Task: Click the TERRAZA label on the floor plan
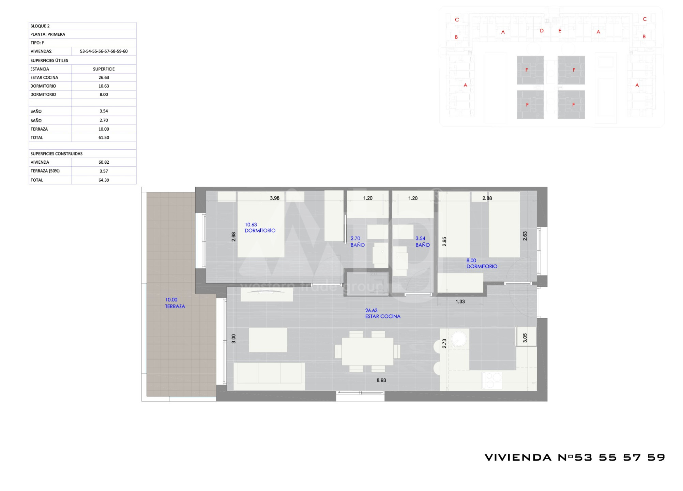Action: click(175, 306)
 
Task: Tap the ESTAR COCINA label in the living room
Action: click(383, 316)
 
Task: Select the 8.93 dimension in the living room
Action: click(381, 380)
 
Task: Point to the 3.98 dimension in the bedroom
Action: click(274, 198)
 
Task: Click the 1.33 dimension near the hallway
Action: click(460, 301)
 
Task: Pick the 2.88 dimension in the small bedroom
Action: click(487, 198)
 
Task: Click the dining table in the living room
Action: click(367, 352)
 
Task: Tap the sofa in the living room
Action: click(269, 376)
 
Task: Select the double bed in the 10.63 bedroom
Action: click(261, 224)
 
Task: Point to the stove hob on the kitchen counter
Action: click(492, 381)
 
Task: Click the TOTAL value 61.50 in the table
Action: click(104, 138)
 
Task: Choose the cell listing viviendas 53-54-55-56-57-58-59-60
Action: click(104, 51)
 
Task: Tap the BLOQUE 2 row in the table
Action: click(82, 26)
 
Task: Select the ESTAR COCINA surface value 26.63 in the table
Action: click(104, 77)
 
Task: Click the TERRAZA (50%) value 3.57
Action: click(104, 171)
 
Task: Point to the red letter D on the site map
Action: click(542, 31)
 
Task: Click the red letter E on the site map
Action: click(560, 31)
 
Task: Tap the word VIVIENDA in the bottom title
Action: click(518, 458)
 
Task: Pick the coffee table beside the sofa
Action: click(268, 340)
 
